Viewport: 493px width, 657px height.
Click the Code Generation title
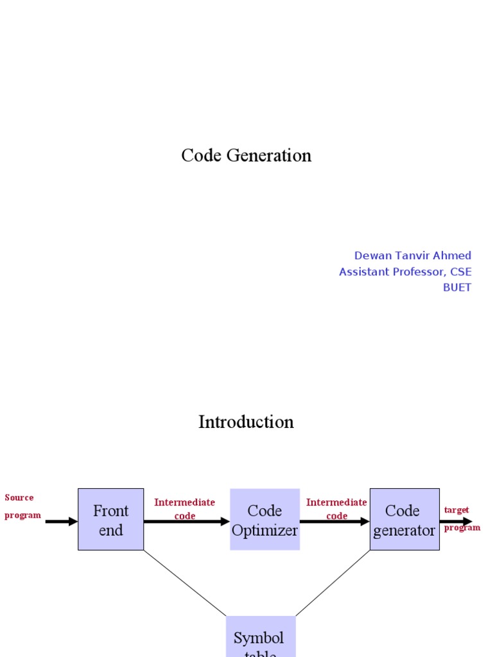(x=246, y=155)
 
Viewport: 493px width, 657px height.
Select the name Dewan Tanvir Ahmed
(x=413, y=255)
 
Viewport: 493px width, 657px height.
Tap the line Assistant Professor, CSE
(x=405, y=271)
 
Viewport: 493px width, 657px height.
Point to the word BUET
(x=457, y=287)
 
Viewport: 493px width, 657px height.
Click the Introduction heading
(x=246, y=422)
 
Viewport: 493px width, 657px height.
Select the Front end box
(x=111, y=520)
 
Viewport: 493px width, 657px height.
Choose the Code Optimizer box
(x=264, y=520)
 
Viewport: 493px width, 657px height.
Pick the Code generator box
(x=404, y=520)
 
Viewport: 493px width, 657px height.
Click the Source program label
(x=22, y=506)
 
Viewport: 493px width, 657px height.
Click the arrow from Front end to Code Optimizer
(x=186, y=522)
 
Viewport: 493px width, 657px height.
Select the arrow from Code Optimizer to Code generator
(x=334, y=522)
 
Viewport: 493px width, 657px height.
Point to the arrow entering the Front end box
(x=62, y=522)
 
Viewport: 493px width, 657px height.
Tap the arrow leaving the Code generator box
(x=456, y=522)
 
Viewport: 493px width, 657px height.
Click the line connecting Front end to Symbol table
(x=185, y=583)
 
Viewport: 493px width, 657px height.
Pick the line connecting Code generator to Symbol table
(x=333, y=583)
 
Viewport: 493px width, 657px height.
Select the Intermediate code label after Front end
(x=185, y=509)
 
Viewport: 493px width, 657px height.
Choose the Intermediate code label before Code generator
(x=336, y=509)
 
